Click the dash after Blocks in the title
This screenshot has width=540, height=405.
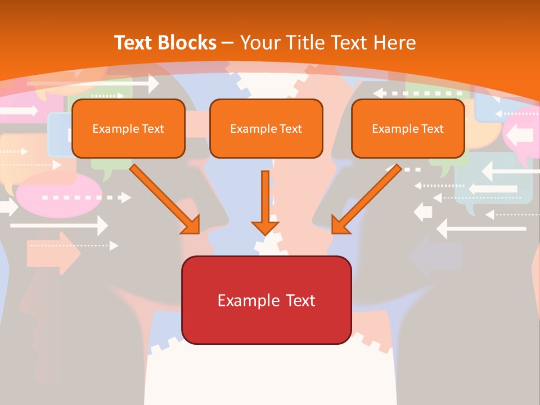tap(228, 43)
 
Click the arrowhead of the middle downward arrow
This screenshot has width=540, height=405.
tap(265, 227)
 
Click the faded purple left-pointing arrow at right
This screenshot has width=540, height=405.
tap(436, 256)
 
